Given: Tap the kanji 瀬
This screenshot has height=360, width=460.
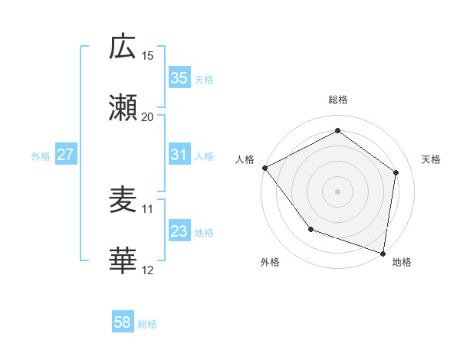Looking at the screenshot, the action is tap(123, 108).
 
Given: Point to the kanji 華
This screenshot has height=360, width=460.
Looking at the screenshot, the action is tap(123, 261).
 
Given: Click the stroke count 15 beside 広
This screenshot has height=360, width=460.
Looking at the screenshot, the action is tap(148, 55).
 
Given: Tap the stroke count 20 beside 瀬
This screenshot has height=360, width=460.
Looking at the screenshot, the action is tap(148, 116).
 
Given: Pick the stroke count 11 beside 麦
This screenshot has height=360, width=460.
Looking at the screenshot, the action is tap(148, 208).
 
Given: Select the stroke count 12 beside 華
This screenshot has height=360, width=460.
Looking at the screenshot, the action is tap(148, 270).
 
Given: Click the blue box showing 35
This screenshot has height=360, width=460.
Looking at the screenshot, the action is tap(179, 78).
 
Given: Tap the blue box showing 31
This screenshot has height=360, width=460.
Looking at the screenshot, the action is tap(179, 155).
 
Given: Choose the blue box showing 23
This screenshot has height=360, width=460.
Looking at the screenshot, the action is tap(179, 231).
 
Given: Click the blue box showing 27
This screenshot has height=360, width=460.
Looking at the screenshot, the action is tap(65, 155).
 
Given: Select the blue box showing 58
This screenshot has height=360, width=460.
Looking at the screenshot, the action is tap(123, 322).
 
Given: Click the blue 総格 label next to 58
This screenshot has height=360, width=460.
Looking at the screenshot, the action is tap(147, 323).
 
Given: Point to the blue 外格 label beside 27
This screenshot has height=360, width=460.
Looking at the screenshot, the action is tap(41, 155).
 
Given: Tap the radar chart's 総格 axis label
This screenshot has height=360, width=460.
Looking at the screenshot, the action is tap(338, 100).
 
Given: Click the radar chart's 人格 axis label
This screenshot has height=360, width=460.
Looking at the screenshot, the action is tap(245, 159).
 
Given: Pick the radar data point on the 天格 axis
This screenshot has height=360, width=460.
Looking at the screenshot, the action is tap(396, 172).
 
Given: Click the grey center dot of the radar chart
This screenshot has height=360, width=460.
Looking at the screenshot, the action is tap(338, 191).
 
